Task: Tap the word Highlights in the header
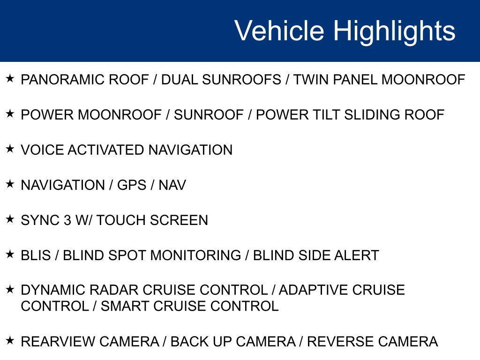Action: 394,31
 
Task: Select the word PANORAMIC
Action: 63,80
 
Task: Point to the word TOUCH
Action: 121,221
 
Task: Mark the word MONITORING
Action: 195,256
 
